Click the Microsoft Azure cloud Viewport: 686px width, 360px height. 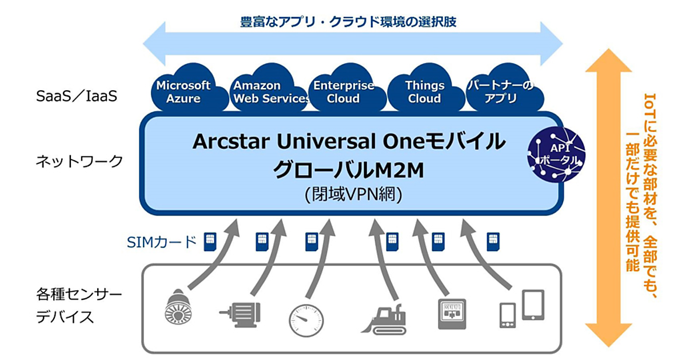[184, 92]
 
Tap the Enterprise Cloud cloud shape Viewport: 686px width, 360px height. [343, 92]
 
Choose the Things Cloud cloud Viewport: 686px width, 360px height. [425, 92]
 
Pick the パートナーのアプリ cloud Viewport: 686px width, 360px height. [501, 92]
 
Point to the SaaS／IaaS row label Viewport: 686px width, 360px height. [76, 96]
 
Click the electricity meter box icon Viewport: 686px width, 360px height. [452, 313]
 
